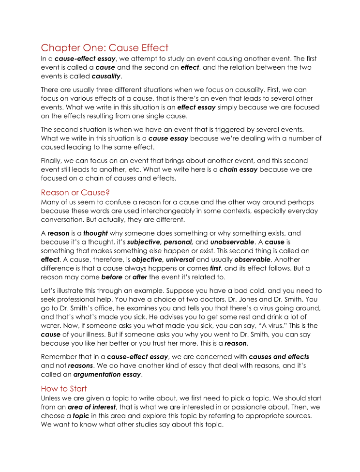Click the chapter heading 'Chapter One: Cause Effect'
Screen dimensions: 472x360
tap(105, 47)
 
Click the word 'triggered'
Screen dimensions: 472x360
tap(231, 129)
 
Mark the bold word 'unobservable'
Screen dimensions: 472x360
tap(232, 242)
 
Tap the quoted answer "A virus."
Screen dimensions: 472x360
tap(247, 326)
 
